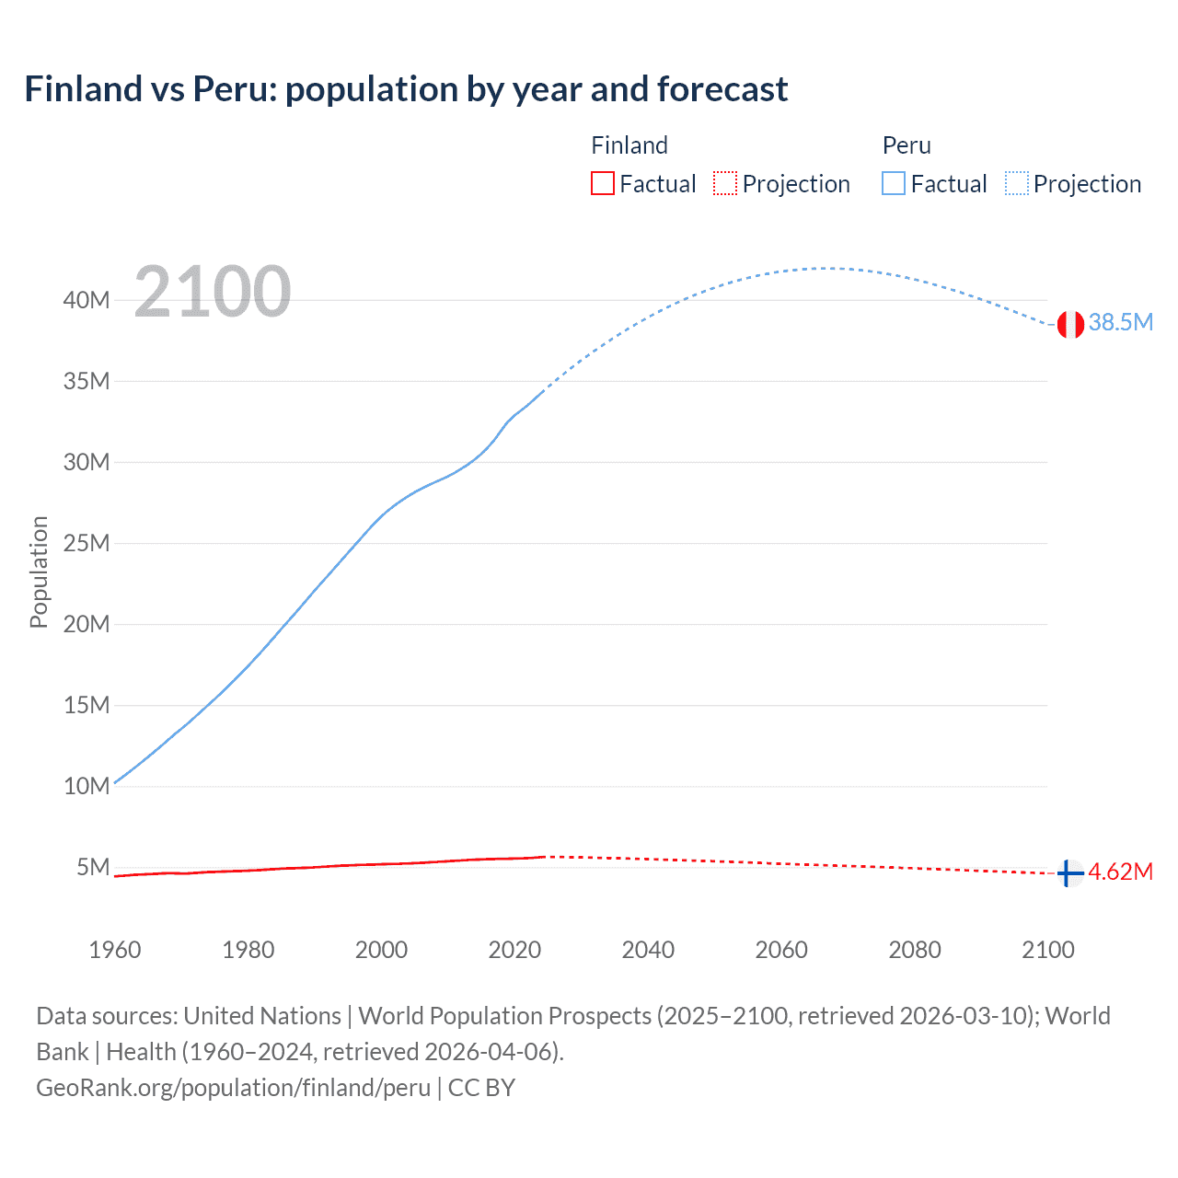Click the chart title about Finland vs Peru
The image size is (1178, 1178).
point(406,89)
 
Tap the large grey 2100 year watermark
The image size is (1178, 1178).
point(213,292)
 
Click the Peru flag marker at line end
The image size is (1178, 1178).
point(1069,324)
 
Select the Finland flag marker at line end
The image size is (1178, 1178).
point(1069,872)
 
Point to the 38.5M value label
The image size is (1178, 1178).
point(1120,322)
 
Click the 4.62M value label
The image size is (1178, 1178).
point(1120,872)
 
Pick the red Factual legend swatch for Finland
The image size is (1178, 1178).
point(602,183)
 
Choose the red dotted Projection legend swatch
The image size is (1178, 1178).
point(725,183)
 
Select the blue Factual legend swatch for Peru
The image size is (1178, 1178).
point(893,183)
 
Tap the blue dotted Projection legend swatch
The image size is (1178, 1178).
point(1016,183)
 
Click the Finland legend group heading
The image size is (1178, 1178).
point(629,145)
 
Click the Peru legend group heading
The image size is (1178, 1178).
point(907,145)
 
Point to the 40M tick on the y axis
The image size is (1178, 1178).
point(87,300)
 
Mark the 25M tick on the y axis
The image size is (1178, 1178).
point(87,543)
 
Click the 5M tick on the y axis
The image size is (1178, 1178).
point(93,867)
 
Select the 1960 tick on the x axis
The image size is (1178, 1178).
point(115,950)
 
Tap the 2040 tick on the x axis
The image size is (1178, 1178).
point(648,950)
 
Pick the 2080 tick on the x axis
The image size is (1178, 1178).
point(915,950)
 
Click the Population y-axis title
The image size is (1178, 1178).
point(39,572)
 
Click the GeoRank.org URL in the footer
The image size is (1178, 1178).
point(233,1088)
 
